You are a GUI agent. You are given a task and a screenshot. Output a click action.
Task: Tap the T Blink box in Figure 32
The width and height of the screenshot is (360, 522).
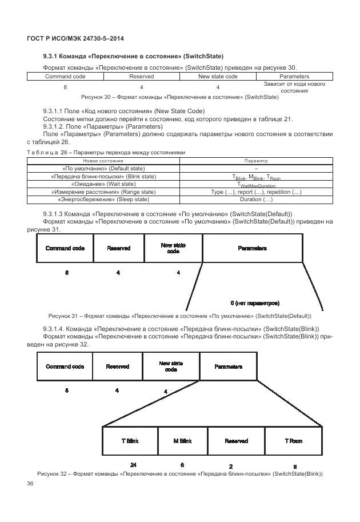pyautogui.click(x=130, y=441)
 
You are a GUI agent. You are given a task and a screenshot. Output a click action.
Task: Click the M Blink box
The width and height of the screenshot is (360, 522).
pyautogui.click(x=182, y=441)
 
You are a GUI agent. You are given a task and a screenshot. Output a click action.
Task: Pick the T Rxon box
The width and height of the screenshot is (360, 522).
pyautogui.click(x=293, y=441)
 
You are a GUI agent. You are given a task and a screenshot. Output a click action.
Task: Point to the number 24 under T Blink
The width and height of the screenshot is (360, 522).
pyautogui.click(x=133, y=464)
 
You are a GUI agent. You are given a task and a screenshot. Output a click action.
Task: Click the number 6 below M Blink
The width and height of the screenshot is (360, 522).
pyautogui.click(x=182, y=464)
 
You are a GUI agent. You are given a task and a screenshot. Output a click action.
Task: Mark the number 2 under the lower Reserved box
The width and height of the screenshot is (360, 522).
pyautogui.click(x=231, y=465)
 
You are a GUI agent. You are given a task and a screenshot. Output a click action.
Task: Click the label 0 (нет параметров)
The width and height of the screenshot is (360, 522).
pyautogui.click(x=255, y=302)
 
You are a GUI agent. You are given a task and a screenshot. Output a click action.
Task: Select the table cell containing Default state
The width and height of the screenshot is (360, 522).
pyautogui.click(x=103, y=169)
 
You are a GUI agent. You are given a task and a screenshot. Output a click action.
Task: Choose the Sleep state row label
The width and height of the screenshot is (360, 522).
pyautogui.click(x=103, y=200)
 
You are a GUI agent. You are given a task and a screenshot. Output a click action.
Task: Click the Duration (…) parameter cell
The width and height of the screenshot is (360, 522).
pyautogui.click(x=256, y=200)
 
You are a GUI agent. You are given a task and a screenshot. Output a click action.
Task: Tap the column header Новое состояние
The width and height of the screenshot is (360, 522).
pyautogui.click(x=103, y=161)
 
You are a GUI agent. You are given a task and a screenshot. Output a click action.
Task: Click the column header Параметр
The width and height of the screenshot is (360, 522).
pyautogui.click(x=256, y=161)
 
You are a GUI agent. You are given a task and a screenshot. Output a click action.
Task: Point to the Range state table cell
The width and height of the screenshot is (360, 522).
pyautogui.click(x=103, y=192)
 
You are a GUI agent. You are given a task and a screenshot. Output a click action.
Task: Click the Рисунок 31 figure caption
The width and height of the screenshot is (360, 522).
pyautogui.click(x=179, y=316)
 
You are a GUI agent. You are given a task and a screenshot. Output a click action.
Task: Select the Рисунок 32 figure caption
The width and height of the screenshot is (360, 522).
pyautogui.click(x=179, y=474)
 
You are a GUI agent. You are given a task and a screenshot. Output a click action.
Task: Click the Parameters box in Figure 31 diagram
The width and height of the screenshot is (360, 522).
pyautogui.click(x=252, y=249)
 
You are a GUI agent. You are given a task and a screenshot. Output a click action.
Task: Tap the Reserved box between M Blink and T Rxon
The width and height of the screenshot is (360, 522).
pyautogui.click(x=236, y=441)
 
